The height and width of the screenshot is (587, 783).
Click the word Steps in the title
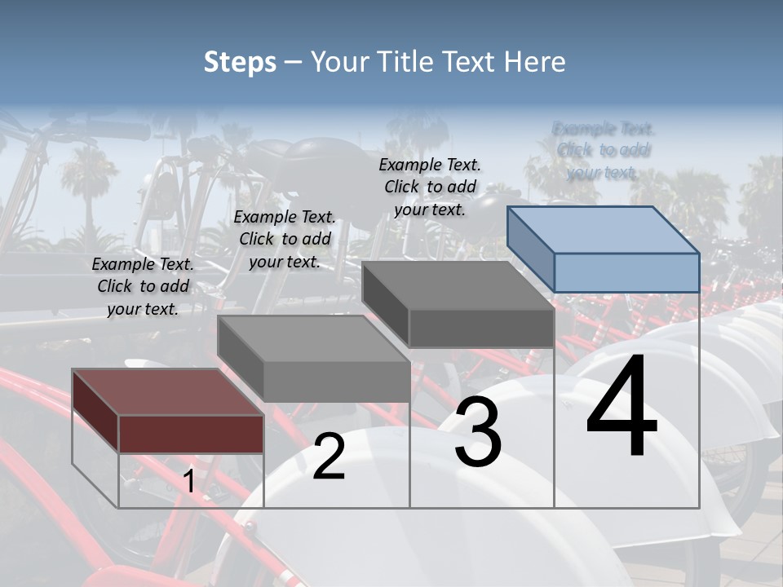[240, 62]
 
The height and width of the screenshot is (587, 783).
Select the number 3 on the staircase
[478, 434]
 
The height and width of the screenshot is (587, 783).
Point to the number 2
[329, 457]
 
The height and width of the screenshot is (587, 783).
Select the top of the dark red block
[167, 391]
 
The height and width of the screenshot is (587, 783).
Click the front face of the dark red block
[191, 434]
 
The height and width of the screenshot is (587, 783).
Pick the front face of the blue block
[626, 272]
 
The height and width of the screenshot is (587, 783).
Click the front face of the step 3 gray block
[481, 328]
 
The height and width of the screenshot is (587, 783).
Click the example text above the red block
[143, 286]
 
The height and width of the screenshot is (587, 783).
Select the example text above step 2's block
[285, 239]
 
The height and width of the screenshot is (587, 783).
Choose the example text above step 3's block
[430, 187]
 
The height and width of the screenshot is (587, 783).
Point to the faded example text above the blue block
[603, 150]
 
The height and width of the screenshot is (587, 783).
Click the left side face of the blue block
[530, 248]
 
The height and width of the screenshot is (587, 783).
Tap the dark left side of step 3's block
[385, 303]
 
